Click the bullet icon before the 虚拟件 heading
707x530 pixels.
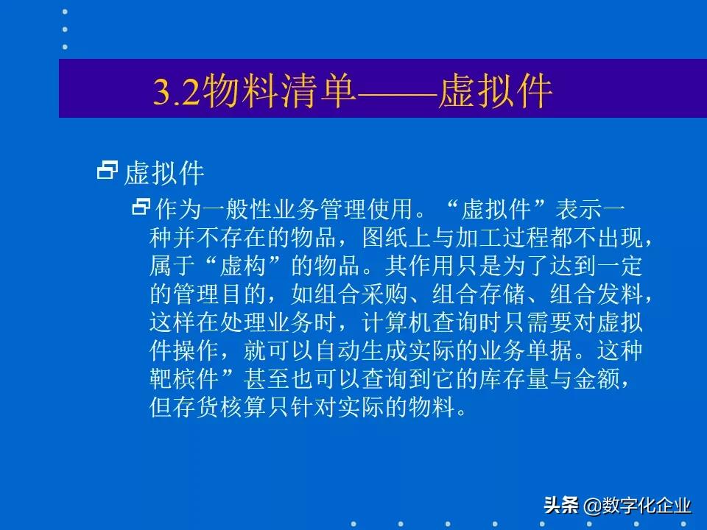click(x=108, y=172)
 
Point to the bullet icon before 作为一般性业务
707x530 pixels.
click(x=140, y=208)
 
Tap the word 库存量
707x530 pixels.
click(x=513, y=379)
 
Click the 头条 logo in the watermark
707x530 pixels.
click(x=562, y=506)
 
